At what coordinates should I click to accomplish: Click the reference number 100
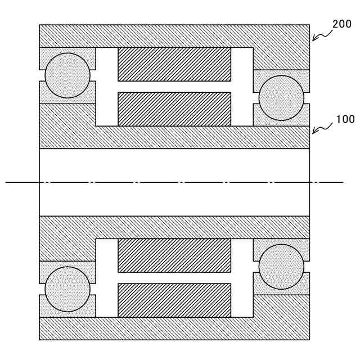[345, 119]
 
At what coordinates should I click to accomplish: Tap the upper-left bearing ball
[67, 75]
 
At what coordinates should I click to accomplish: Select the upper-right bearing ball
[281, 98]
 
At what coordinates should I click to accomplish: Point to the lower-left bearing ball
[67, 289]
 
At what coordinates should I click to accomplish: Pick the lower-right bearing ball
[281, 267]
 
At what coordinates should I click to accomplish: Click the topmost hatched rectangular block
[174, 64]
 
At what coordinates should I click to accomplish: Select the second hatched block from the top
[174, 109]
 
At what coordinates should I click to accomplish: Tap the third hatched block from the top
[174, 255]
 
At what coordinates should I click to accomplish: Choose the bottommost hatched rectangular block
[174, 300]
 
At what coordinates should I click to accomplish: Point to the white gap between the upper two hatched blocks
[174, 87]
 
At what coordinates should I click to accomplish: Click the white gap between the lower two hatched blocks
[174, 278]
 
